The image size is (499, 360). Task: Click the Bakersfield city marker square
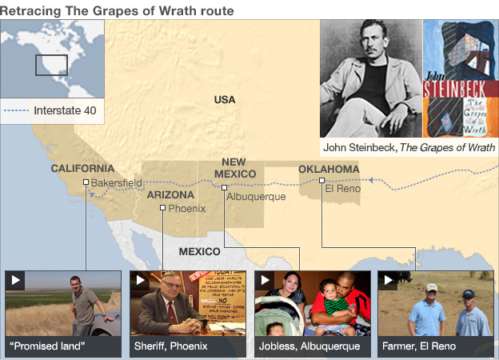[x=86, y=182]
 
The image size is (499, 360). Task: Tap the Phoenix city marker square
[x=162, y=208]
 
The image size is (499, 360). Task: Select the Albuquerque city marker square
[x=224, y=188]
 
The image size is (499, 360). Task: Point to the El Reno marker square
[x=321, y=181]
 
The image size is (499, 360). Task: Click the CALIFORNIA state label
[x=82, y=169]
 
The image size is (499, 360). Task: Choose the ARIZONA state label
[x=170, y=195]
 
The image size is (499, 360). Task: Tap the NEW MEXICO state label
[x=234, y=168]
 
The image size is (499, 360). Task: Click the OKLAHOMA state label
[x=329, y=169]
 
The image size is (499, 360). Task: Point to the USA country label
[x=225, y=100]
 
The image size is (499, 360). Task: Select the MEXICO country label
[x=199, y=251]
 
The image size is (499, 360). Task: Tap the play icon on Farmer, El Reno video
[x=388, y=280]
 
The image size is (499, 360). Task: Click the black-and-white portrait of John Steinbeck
[x=369, y=78]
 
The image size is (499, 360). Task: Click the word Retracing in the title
[x=29, y=10]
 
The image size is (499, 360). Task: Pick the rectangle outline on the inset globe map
[x=50, y=65]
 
